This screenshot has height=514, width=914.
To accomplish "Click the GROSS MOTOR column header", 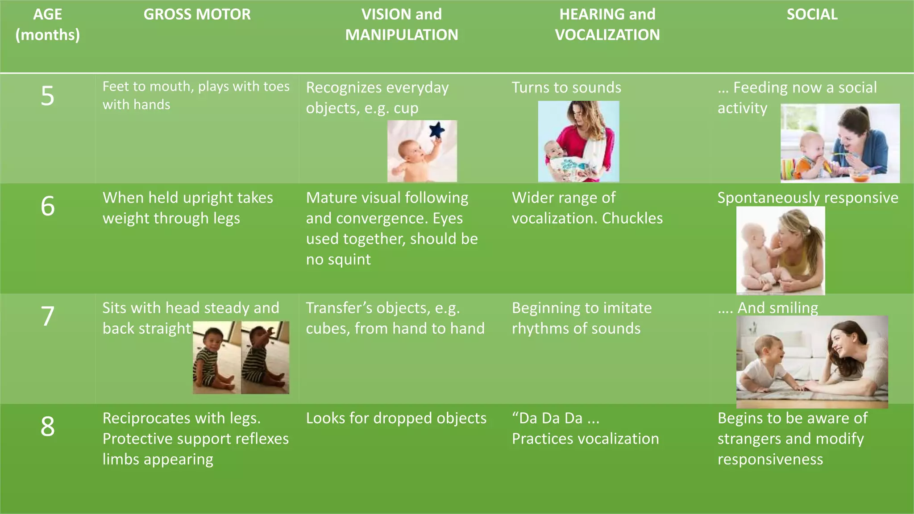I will [x=197, y=14].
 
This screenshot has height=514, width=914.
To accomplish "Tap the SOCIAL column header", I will [x=812, y=14].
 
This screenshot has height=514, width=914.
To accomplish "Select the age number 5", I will [x=47, y=96].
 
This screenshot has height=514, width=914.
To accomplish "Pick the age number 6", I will [x=47, y=206].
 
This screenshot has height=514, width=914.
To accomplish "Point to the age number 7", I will [x=47, y=316].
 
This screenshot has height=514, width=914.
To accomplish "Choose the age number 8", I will [x=47, y=427].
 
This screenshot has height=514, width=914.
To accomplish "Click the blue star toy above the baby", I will [x=437, y=130].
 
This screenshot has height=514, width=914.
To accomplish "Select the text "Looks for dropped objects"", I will [x=396, y=418].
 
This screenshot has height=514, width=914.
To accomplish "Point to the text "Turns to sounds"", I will [x=566, y=87].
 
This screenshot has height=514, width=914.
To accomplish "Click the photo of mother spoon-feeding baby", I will [x=840, y=143].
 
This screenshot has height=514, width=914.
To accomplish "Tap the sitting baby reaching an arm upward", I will [x=265, y=357].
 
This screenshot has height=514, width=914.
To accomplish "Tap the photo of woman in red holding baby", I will [x=578, y=141].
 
